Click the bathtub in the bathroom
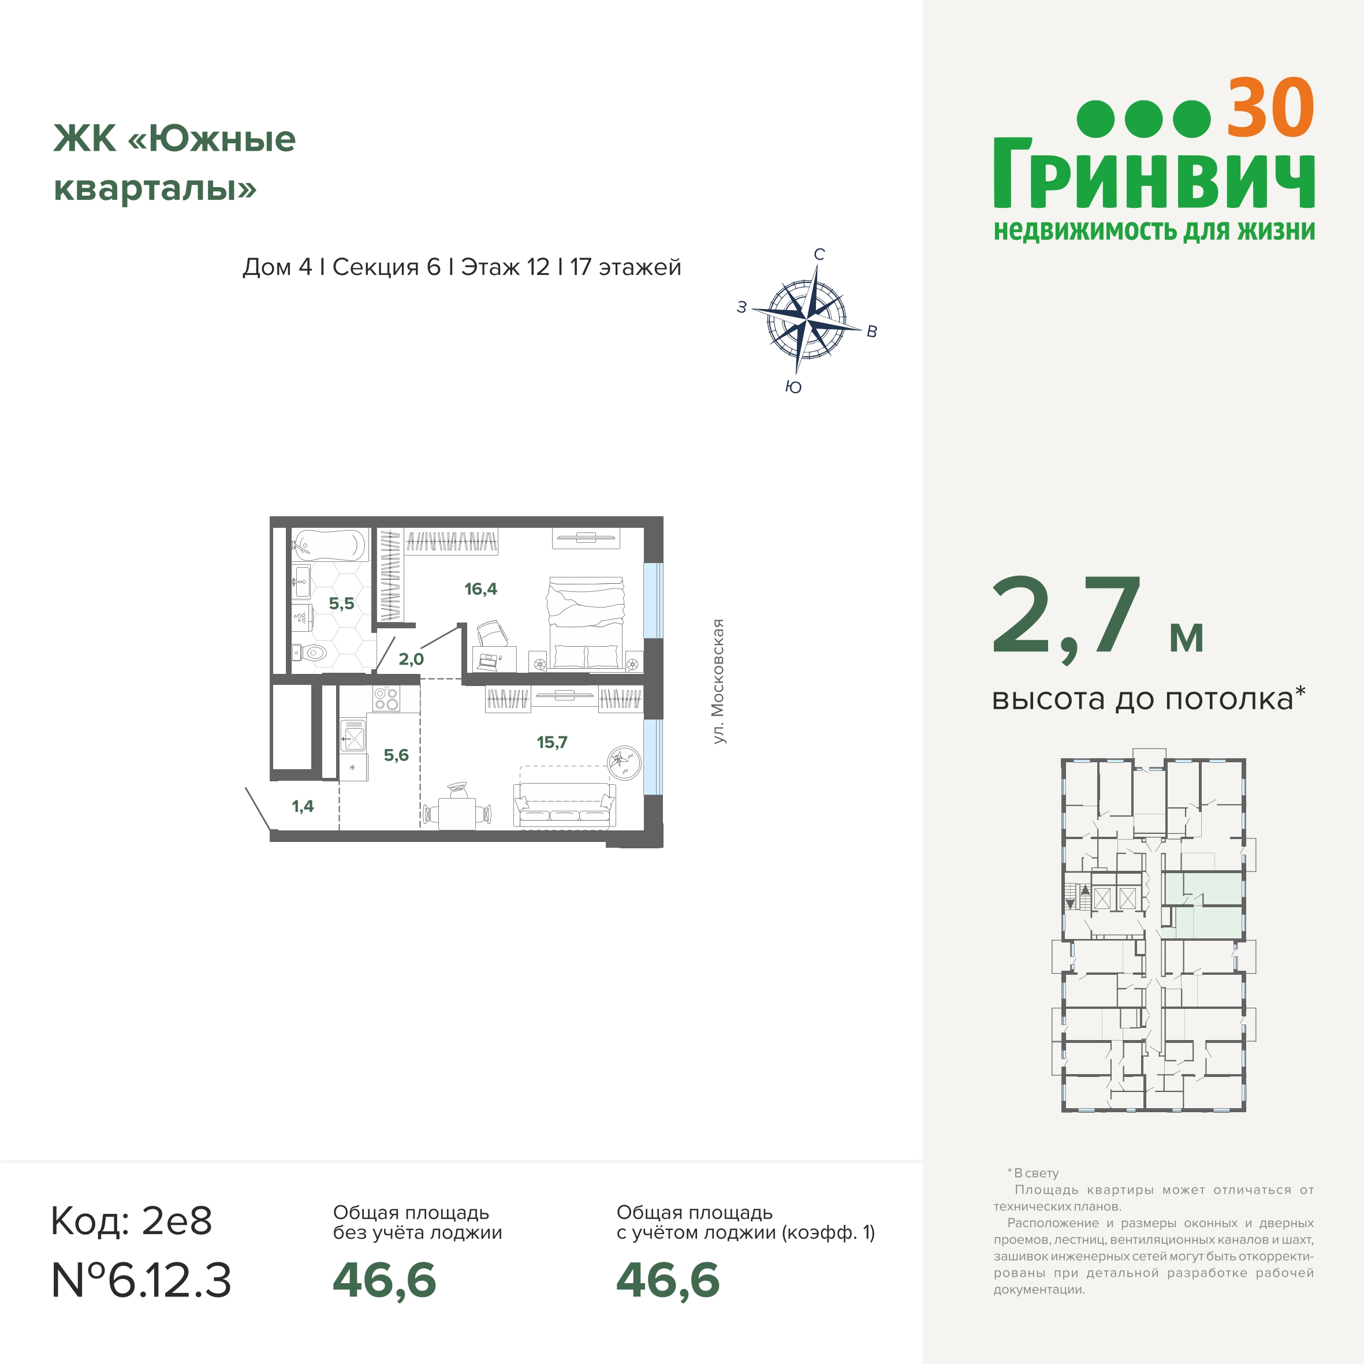(330, 545)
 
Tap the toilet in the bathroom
(311, 653)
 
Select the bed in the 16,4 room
(586, 622)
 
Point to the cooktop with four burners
(386, 699)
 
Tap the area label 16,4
(481, 589)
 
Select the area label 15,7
(552, 742)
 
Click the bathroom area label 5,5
(342, 603)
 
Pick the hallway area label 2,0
(411, 659)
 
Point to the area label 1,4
(303, 806)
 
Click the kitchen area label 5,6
(396, 755)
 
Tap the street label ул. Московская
(718, 681)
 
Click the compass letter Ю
(793, 387)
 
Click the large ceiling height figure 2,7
(1066, 617)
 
